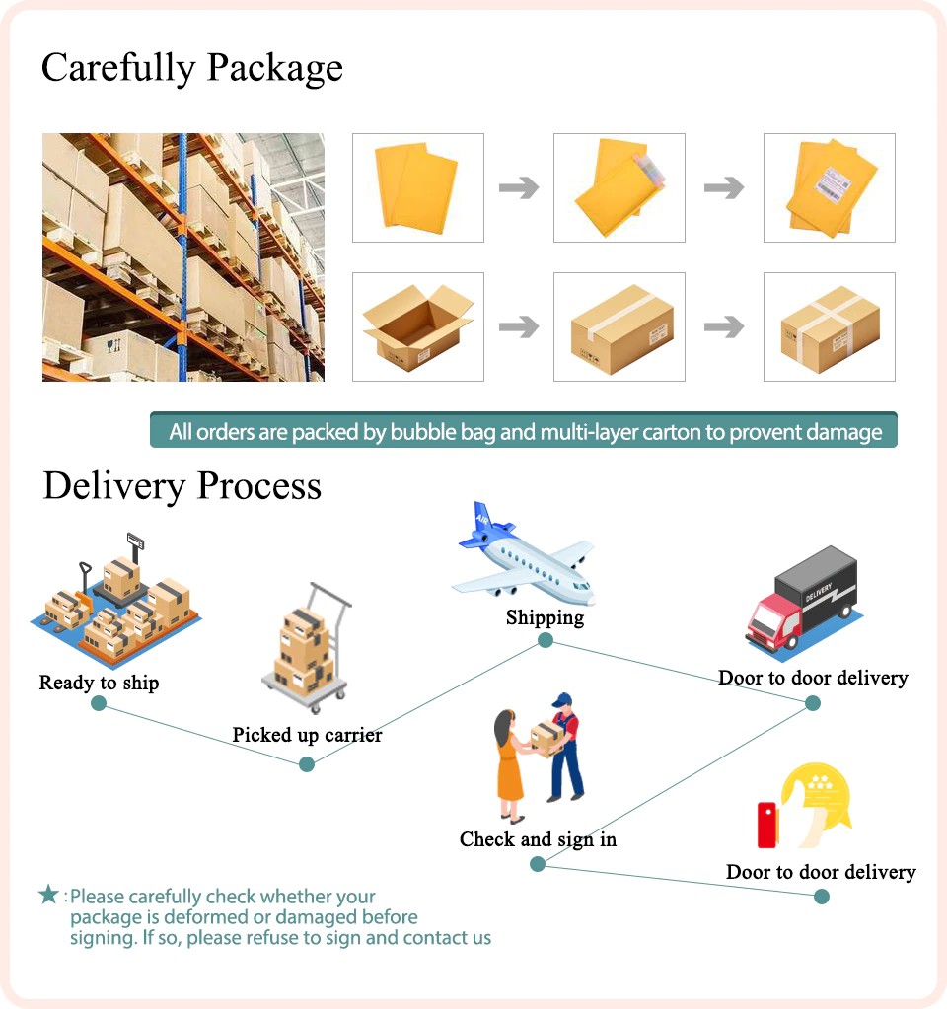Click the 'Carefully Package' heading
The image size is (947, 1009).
pyautogui.click(x=192, y=68)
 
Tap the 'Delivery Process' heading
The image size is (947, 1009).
pyautogui.click(x=182, y=486)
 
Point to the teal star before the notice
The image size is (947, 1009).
pyautogui.click(x=48, y=895)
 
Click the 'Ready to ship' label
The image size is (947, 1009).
pyautogui.click(x=99, y=683)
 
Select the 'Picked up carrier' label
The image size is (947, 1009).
pyautogui.click(x=307, y=735)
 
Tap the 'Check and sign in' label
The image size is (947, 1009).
pyautogui.click(x=538, y=839)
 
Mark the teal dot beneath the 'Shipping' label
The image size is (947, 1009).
pyautogui.click(x=546, y=641)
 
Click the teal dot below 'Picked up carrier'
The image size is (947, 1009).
pyautogui.click(x=307, y=763)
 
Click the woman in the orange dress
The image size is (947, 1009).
pyautogui.click(x=509, y=764)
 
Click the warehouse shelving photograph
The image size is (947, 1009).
pyautogui.click(x=183, y=257)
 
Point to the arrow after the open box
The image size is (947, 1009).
pyautogui.click(x=519, y=326)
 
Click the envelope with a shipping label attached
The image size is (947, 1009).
pyautogui.click(x=830, y=187)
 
